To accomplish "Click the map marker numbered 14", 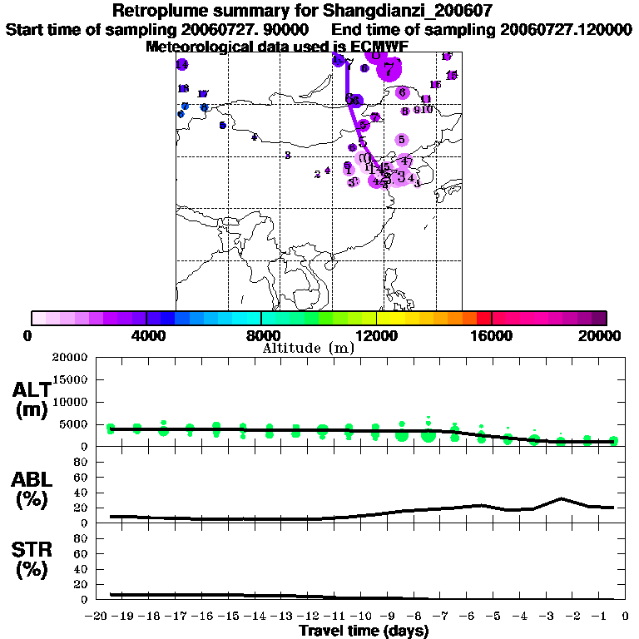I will tap(181, 65).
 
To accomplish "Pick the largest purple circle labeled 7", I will tap(388, 70).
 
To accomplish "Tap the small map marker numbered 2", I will tap(317, 174).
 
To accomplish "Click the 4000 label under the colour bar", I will tap(146, 335).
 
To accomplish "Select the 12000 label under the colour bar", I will tap(376, 335).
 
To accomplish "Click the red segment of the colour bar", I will tap(483, 318).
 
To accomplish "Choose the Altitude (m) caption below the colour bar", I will tap(308, 348).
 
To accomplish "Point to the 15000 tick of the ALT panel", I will tap(72, 379).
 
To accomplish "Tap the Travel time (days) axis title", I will tap(364, 631).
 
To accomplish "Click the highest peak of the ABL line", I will tap(562, 498).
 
